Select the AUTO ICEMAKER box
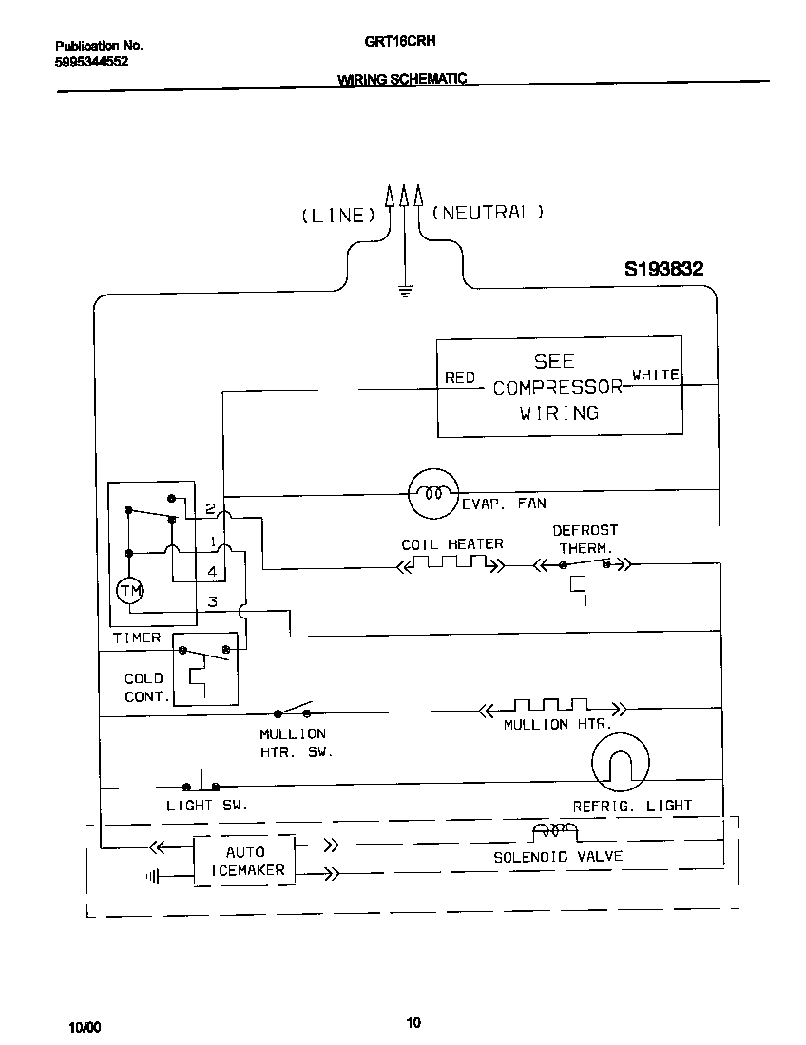point(245,861)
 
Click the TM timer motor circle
point(129,591)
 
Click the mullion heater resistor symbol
point(551,708)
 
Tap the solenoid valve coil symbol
point(554,833)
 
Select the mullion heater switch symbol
point(294,711)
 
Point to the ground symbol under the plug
point(405,292)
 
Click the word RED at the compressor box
point(460,378)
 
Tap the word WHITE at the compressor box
point(656,375)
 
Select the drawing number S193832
point(663,270)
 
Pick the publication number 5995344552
point(92,61)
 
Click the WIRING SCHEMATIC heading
point(402,81)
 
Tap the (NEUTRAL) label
point(488,213)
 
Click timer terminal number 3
point(213,601)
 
